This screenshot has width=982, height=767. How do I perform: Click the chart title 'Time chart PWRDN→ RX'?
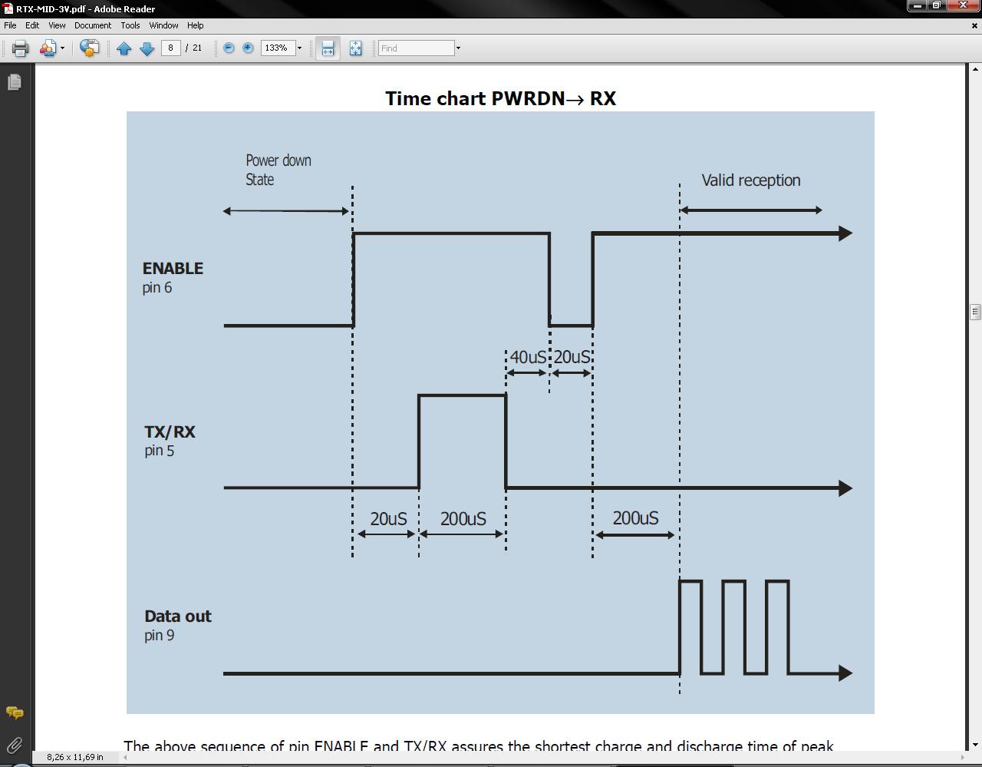pos(500,99)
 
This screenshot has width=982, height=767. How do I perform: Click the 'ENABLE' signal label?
pos(173,269)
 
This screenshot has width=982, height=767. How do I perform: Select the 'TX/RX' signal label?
pos(170,432)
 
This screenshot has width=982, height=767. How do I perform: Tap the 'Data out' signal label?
pos(177,617)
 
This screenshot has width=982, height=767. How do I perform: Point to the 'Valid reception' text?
pos(750,180)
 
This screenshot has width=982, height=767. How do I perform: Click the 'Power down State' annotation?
pos(278,170)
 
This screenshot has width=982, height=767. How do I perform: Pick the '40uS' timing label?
pos(528,358)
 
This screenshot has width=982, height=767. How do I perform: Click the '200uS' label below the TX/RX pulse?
pos(463,519)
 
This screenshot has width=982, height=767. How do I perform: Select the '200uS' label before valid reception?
pos(635,518)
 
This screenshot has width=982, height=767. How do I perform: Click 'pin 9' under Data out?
pos(159,636)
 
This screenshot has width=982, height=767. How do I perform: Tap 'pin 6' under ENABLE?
pos(157,288)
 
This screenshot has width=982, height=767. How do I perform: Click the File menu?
pos(10,25)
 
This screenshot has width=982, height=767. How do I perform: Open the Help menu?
pos(195,25)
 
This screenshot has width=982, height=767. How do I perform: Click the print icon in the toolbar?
pos(20,48)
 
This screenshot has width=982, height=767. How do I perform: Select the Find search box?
pos(417,48)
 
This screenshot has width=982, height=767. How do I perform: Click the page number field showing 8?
pos(170,48)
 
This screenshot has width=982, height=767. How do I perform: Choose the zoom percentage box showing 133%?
pos(277,48)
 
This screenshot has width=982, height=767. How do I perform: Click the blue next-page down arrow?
pos(147,48)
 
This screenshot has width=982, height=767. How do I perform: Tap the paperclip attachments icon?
pos(14,745)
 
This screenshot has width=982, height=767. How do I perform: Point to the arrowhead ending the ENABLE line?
pos(845,233)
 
